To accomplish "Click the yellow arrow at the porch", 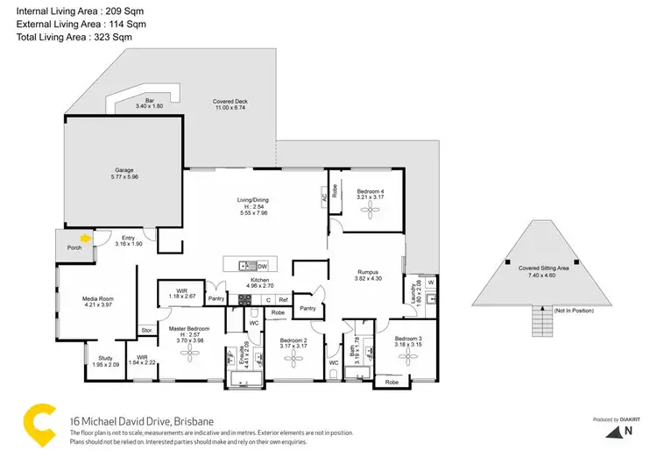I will [x=85, y=236].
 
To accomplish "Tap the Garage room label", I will [x=124, y=171].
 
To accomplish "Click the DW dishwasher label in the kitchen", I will [x=262, y=266].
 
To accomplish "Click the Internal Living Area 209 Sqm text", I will [x=70, y=11].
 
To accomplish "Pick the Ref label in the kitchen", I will [x=283, y=300].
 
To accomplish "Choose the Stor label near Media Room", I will [x=146, y=331].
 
